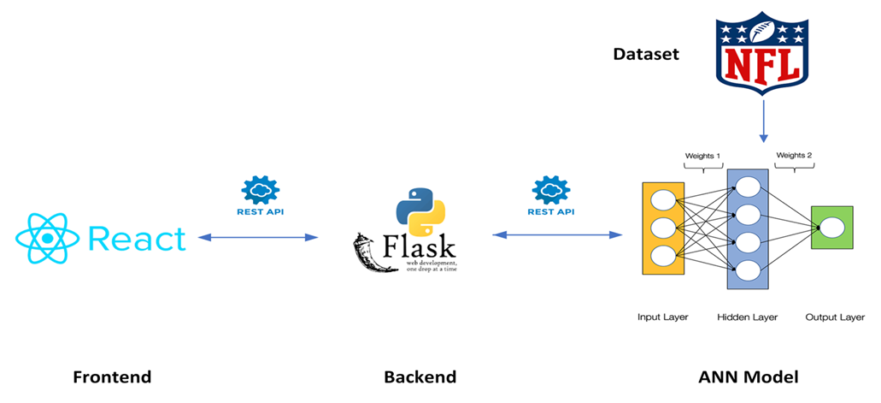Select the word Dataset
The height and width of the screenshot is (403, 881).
click(x=646, y=55)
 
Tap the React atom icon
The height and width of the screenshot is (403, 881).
click(x=48, y=239)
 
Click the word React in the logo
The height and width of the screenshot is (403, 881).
click(x=136, y=239)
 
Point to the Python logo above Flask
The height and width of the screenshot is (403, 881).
click(x=420, y=204)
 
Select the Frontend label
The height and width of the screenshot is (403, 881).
click(x=112, y=376)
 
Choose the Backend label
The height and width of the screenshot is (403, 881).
click(x=420, y=376)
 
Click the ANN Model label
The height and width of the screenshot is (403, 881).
click(x=752, y=376)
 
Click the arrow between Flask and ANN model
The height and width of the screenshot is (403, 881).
click(x=556, y=234)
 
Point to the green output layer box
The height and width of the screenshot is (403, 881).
click(x=831, y=228)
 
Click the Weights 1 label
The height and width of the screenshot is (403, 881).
click(x=703, y=156)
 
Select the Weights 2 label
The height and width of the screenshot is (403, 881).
click(x=794, y=156)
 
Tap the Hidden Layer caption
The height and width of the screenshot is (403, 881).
click(x=748, y=317)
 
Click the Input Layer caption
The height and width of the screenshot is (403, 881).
click(x=663, y=317)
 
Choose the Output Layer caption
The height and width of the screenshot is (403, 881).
click(x=835, y=317)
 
